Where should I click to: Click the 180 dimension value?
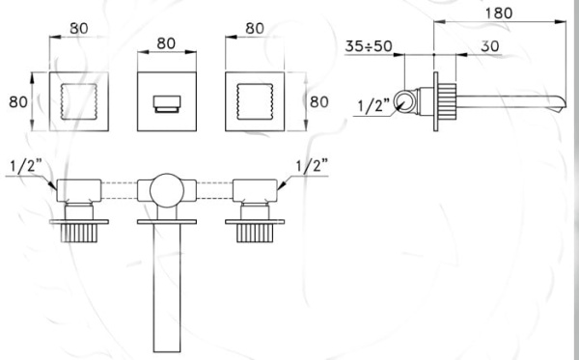tap(498, 14)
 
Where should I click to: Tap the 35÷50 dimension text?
tap(369, 46)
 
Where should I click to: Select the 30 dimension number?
tap(490, 46)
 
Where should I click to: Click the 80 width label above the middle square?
tap(166, 43)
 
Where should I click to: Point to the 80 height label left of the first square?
tap(18, 102)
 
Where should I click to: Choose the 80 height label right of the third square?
tap(319, 102)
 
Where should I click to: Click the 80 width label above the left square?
tap(79, 28)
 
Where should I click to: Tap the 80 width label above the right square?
tap(255, 28)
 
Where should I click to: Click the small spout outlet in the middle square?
tap(167, 104)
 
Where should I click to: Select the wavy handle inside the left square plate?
tap(79, 101)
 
